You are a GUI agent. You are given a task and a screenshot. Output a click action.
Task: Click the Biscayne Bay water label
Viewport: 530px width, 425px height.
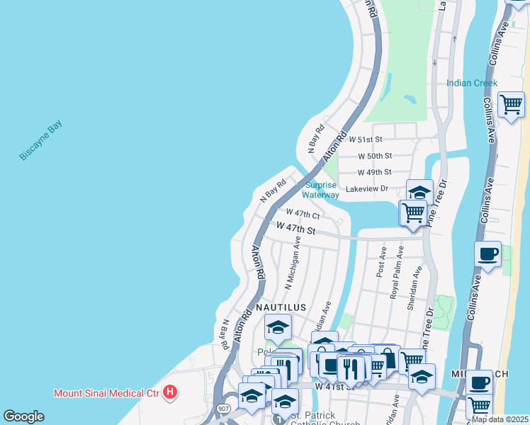pyautogui.click(x=40, y=141)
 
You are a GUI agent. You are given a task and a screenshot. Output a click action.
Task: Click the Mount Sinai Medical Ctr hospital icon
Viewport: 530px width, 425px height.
pyautogui.click(x=169, y=392)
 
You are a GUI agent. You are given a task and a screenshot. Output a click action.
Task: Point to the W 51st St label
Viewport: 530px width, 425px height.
pyautogui.click(x=366, y=140)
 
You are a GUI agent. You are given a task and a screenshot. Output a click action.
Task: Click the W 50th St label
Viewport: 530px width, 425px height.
pyautogui.click(x=375, y=156)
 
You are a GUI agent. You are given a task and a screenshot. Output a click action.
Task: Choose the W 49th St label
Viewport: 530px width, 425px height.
pyautogui.click(x=375, y=172)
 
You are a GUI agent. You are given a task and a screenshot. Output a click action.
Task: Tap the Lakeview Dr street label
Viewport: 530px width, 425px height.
pyautogui.click(x=367, y=189)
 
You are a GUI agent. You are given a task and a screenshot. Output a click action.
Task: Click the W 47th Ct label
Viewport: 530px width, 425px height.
pyautogui.click(x=303, y=213)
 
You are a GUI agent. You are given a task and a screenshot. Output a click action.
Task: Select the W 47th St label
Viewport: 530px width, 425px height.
pyautogui.click(x=295, y=229)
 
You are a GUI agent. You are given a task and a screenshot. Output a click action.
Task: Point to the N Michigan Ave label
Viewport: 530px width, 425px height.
pyautogui.click(x=293, y=263)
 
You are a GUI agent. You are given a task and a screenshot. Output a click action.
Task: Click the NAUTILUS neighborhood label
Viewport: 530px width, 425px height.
pyautogui.click(x=281, y=307)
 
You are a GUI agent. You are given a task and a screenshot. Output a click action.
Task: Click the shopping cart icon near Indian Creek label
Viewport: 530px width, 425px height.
pyautogui.click(x=511, y=106)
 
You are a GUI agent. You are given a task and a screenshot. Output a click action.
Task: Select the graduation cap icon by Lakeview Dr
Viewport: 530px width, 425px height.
pyautogui.click(x=419, y=192)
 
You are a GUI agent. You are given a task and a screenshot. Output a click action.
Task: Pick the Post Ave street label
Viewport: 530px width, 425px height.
pyautogui.click(x=382, y=262)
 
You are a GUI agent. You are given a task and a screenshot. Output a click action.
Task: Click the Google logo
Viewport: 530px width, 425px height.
pyautogui.click(x=23, y=416)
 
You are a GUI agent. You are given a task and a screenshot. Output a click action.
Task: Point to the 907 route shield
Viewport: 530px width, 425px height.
pyautogui.click(x=224, y=409)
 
